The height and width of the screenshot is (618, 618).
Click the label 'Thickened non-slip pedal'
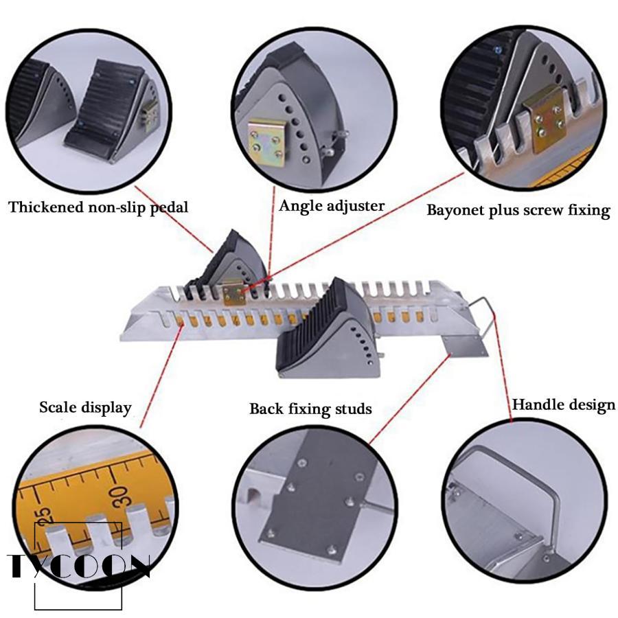[98, 207]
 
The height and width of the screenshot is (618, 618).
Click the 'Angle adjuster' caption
[332, 206]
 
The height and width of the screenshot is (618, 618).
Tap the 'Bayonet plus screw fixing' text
[518, 210]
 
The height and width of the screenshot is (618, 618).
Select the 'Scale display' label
[85, 407]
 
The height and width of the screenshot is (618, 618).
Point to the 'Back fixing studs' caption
[310, 409]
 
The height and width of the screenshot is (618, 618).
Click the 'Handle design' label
[564, 405]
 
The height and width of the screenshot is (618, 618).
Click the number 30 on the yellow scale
[119, 495]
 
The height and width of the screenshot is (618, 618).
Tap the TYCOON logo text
[79, 566]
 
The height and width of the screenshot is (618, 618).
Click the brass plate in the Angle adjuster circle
[266, 142]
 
